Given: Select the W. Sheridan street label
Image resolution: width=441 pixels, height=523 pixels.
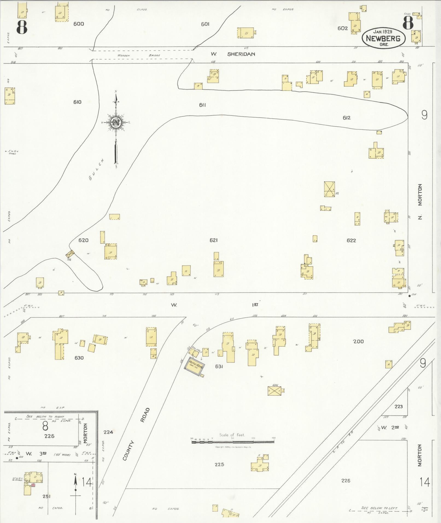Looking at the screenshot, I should pos(233,54).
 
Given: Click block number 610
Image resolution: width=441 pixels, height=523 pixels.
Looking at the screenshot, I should pos(77,102).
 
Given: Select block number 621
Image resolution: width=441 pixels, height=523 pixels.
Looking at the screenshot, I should pos(214,240).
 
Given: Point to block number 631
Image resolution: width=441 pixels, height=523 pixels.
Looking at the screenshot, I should pos(219,366).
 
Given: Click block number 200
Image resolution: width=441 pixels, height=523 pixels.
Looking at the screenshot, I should pos(358,341).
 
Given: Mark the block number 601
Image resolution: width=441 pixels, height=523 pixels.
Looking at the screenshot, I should pos(205,24).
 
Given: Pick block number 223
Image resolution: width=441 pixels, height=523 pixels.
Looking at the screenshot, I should pos(398,407).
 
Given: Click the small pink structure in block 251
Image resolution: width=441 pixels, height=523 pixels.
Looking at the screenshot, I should pos(33,485).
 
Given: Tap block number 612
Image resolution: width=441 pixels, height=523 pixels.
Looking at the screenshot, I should pos(346,118).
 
